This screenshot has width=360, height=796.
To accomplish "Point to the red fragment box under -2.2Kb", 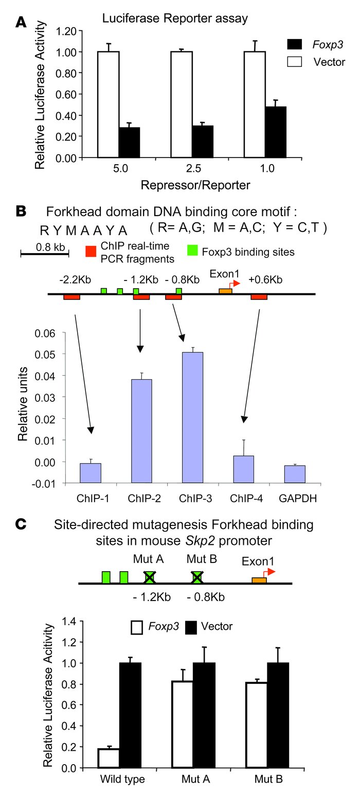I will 71,297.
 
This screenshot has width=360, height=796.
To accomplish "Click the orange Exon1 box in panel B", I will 225,291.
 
